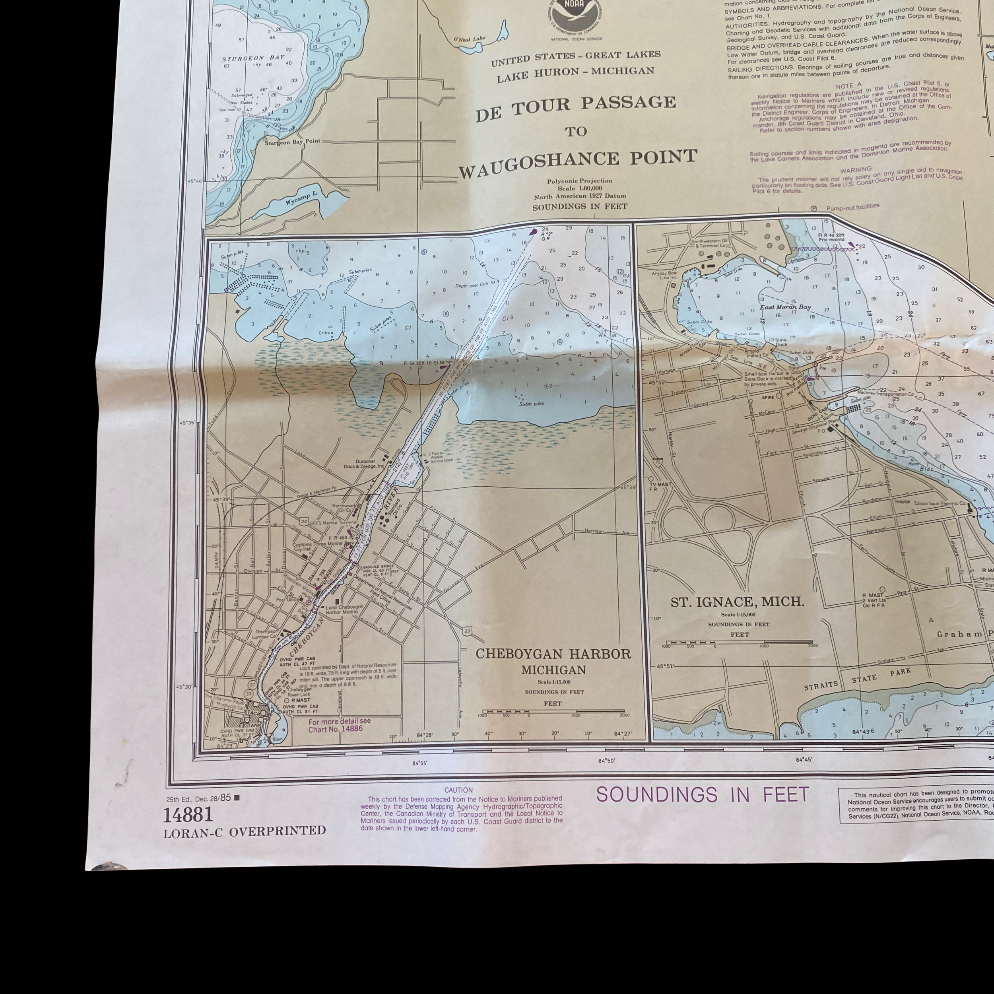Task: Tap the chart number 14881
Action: (x=188, y=814)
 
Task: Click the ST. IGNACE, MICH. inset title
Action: (x=737, y=602)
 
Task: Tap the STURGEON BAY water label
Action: (x=253, y=58)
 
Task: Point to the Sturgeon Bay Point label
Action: (x=292, y=142)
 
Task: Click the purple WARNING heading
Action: (x=856, y=169)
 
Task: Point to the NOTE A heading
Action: (x=849, y=85)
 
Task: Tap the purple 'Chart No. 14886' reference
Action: (x=339, y=729)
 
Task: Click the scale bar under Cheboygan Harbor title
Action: (x=553, y=712)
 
